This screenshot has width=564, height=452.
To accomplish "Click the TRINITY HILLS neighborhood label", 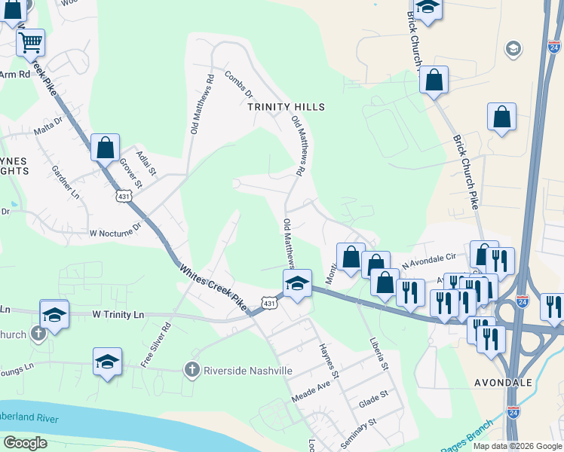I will pyautogui.click(x=287, y=107).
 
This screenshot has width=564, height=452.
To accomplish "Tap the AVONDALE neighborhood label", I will pyautogui.click(x=504, y=383).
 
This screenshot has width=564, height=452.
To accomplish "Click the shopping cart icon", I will pyautogui.click(x=30, y=43).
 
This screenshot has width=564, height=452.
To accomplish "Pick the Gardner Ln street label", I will pyautogui.click(x=65, y=183).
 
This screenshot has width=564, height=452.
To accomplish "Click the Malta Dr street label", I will pyautogui.click(x=48, y=125).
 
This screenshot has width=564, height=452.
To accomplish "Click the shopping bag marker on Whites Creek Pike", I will pyautogui.click(x=105, y=146).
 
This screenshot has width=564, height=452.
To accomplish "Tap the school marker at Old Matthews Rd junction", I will pyautogui.click(x=297, y=283).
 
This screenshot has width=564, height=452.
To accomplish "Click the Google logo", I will pyautogui.click(x=25, y=443).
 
